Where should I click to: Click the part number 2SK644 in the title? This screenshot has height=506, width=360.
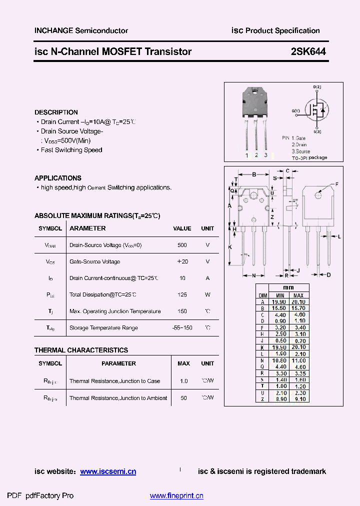click(x=307, y=51)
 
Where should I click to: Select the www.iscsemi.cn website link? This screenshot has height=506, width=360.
click(x=108, y=471)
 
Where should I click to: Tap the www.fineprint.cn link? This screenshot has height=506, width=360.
click(x=176, y=496)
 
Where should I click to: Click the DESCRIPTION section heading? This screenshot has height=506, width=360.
click(x=56, y=112)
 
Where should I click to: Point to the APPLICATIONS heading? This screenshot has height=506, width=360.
click(x=57, y=178)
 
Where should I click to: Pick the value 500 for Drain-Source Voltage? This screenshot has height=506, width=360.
click(x=182, y=245)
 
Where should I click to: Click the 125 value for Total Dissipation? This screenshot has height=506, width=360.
click(x=182, y=295)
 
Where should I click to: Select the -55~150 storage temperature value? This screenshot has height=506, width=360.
click(x=182, y=328)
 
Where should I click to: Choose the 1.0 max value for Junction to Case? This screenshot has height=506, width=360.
click(x=183, y=381)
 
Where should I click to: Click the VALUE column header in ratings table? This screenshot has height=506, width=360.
click(x=182, y=228)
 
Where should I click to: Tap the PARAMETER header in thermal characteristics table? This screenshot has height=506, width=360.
click(x=118, y=363)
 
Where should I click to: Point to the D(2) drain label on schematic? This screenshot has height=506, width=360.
click(x=317, y=87)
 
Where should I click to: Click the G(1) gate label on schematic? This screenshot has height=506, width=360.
click(x=296, y=110)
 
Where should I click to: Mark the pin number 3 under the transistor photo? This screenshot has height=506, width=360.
click(x=265, y=155)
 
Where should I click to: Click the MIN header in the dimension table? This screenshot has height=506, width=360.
click(x=280, y=295)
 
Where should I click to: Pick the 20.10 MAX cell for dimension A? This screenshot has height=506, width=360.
click(x=298, y=302)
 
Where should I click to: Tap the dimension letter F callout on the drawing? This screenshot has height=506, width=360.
click(x=336, y=184)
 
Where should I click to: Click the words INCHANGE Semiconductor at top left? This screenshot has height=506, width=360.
click(x=81, y=30)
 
